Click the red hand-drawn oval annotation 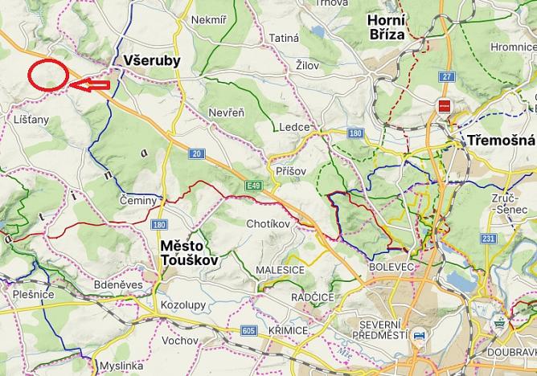(x=47, y=76)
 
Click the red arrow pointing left (x=89, y=84)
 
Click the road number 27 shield (x=447, y=76)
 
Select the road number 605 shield (x=247, y=330)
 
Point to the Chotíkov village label (x=268, y=223)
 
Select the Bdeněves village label (x=117, y=284)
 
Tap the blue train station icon (x=417, y=337)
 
